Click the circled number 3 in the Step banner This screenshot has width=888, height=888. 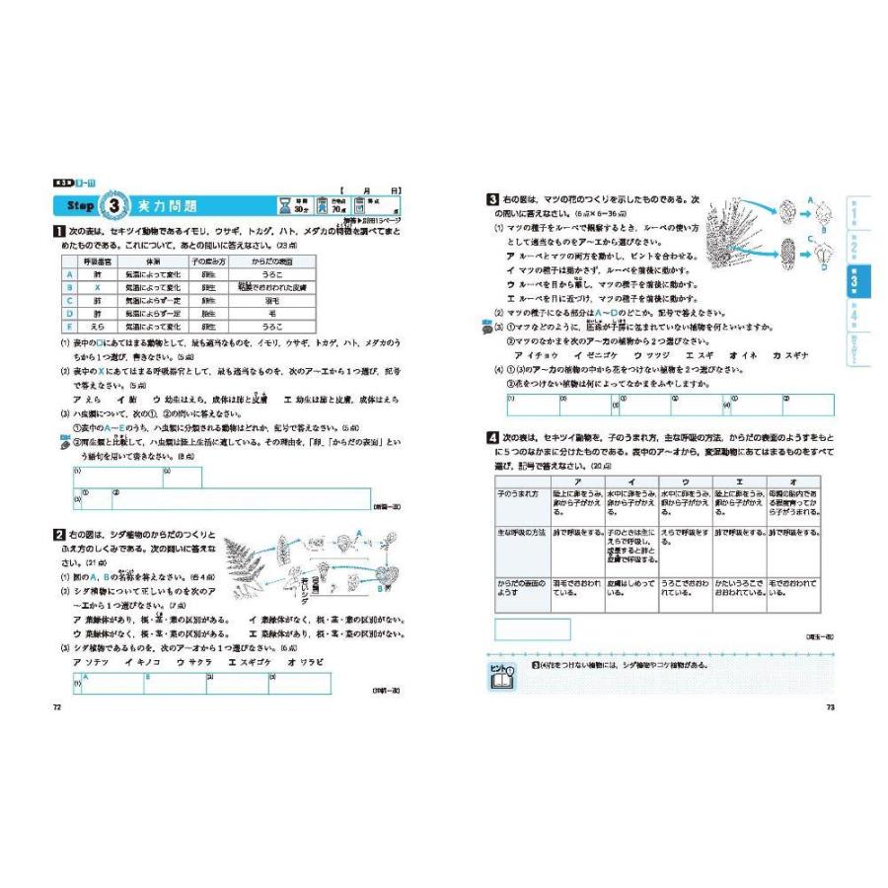click(116, 206)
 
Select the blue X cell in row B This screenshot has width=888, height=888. click(99, 287)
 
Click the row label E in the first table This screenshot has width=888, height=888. click(69, 326)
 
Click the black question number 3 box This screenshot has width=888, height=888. click(491, 199)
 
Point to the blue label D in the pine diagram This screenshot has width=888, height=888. click(825, 265)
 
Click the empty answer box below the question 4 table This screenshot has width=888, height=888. click(533, 629)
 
